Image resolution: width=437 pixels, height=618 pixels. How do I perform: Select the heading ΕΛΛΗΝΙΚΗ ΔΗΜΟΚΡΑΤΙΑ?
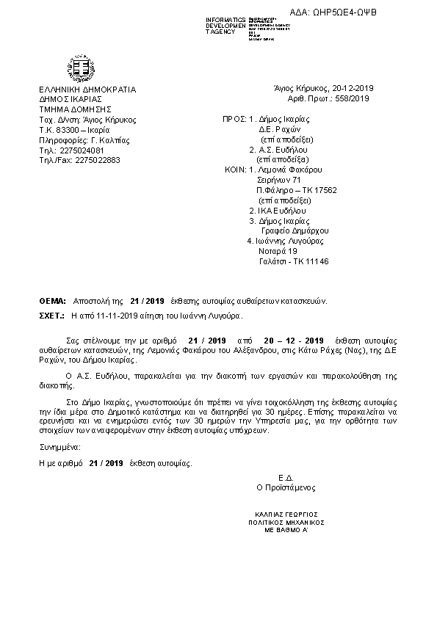87,90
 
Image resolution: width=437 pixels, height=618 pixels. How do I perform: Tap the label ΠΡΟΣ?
234,118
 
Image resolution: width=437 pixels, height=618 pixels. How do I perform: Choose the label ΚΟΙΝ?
235,169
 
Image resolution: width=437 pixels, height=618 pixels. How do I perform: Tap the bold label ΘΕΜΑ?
51,301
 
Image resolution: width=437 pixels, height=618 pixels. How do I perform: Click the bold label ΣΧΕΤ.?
51,315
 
